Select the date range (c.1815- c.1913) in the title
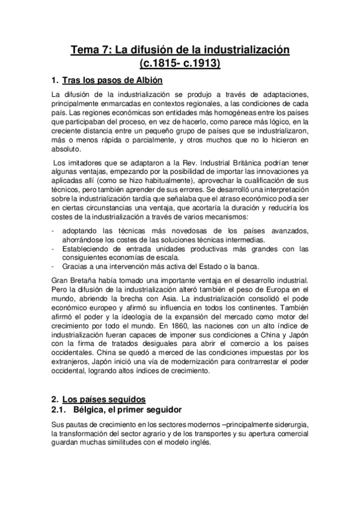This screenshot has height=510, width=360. pos(180,63)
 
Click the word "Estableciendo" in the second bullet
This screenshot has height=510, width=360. pos(90,249)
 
